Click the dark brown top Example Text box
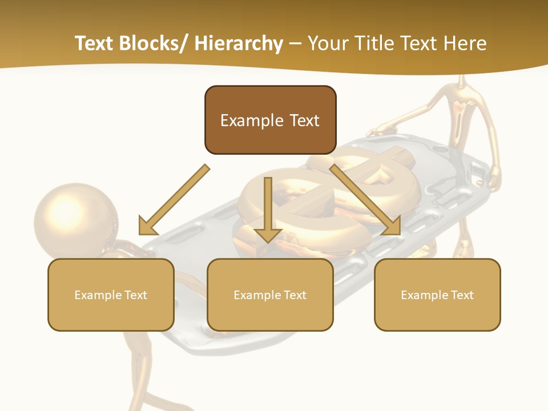[270, 120]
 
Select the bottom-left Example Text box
[111, 295]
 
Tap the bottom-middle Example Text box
[270, 295]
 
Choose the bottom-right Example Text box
[437, 295]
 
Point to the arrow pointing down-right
[365, 200]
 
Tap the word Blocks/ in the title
[155, 43]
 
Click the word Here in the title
[465, 43]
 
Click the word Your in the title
[327, 43]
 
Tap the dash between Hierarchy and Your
[295, 44]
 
